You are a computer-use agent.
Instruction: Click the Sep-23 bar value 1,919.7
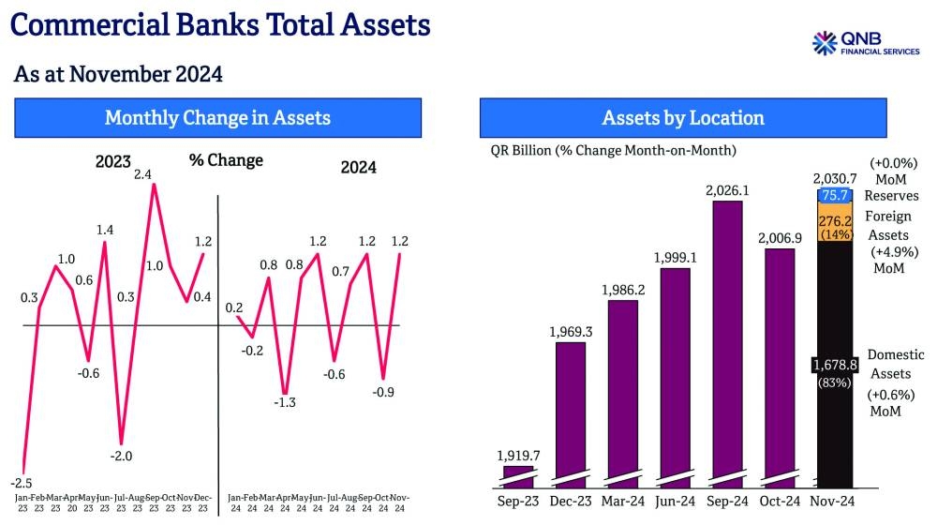coord(517,457)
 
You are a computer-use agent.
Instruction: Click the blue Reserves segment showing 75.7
coord(834,196)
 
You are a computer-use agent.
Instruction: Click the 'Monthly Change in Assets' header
coord(217,118)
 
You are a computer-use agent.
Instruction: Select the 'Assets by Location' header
coord(683,118)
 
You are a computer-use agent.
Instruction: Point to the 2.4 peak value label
coord(143,174)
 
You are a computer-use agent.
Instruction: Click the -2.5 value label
coord(24,457)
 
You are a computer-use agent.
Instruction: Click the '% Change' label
coord(226,160)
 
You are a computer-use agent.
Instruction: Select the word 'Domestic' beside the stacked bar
coord(896,354)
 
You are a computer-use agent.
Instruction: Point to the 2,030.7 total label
coord(834,178)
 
